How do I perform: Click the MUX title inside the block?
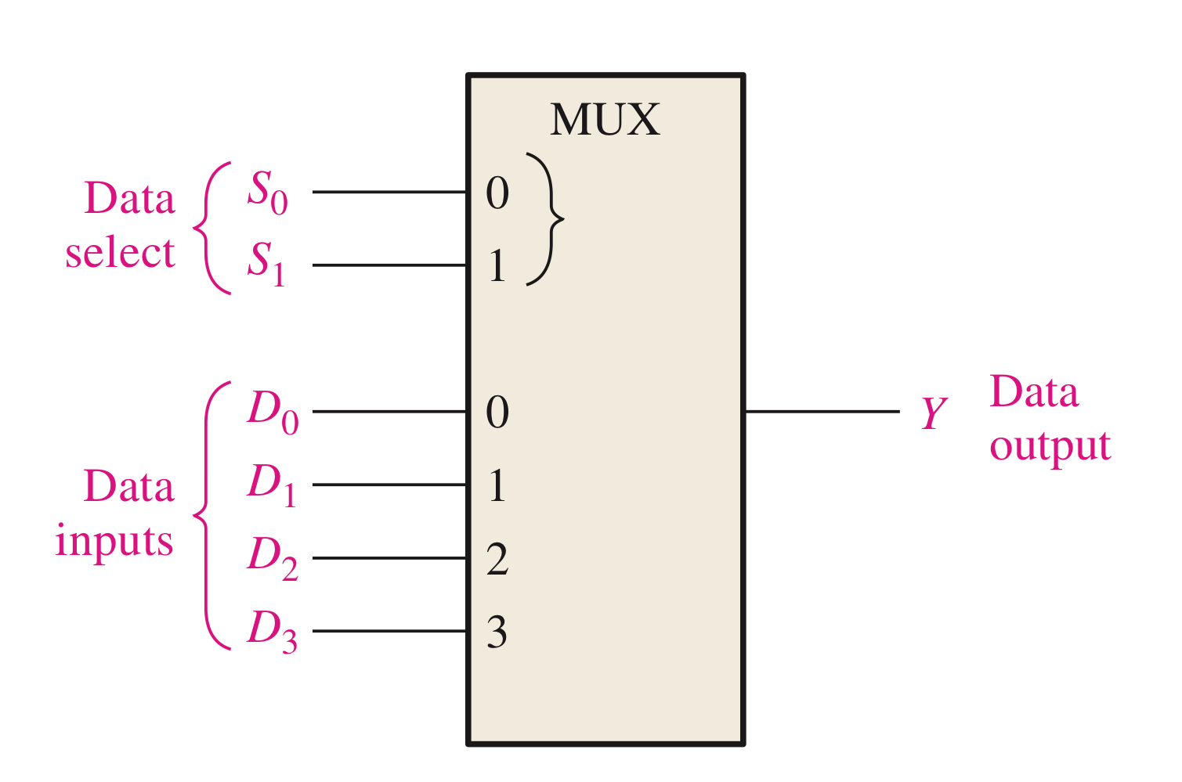point(605,121)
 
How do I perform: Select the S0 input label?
point(267,192)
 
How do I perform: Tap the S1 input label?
point(266,263)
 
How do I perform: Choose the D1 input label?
point(271,485)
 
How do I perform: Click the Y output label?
point(933,413)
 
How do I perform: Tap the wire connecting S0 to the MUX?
point(389,192)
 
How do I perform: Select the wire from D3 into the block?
point(389,631)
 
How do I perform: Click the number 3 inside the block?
point(497,632)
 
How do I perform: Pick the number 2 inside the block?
point(497,559)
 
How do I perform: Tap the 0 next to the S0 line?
point(497,193)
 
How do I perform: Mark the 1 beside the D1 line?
point(497,485)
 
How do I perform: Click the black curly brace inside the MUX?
point(547,219)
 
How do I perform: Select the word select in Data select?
point(120,253)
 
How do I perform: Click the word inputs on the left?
point(114,542)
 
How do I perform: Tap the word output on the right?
point(1050,447)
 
